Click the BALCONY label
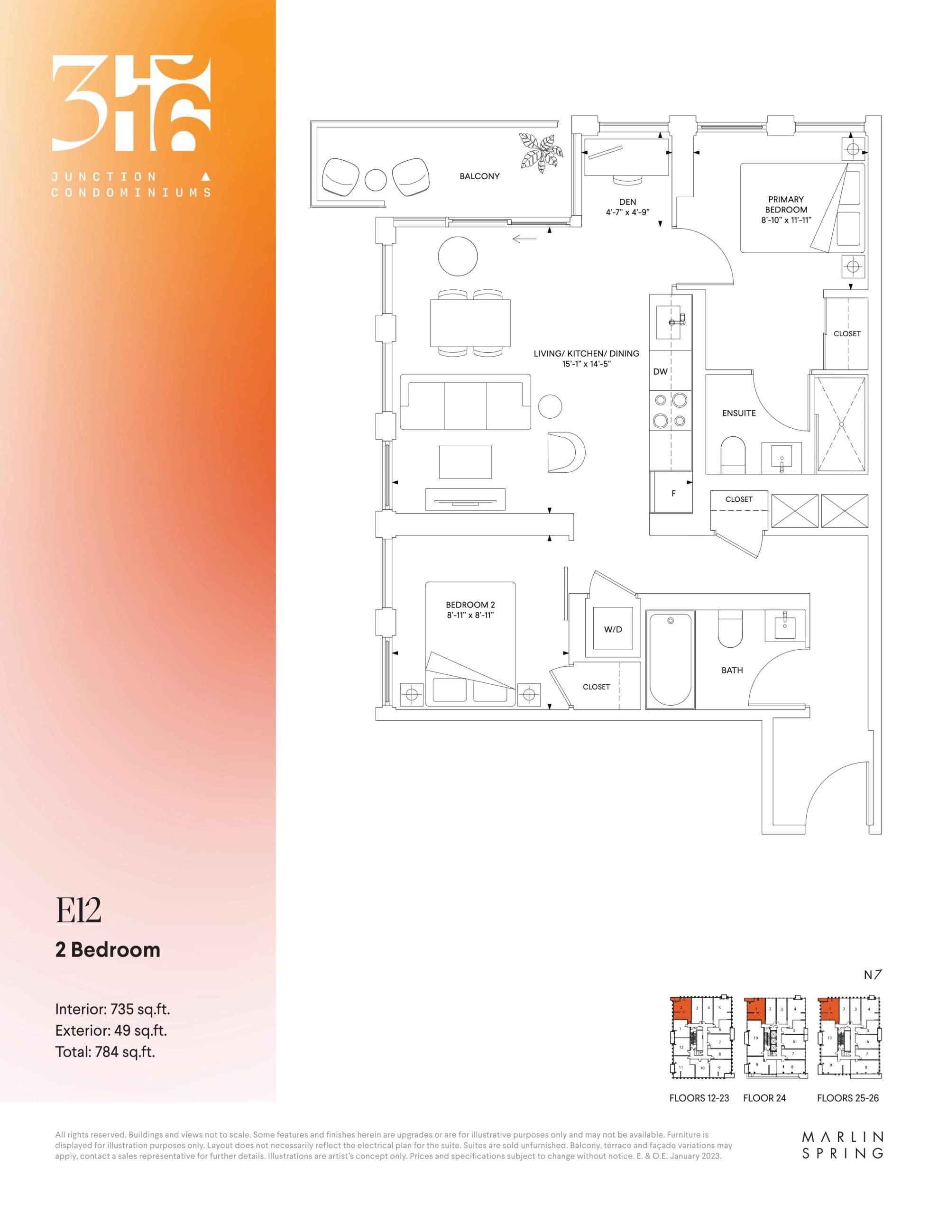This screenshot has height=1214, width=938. pos(479,176)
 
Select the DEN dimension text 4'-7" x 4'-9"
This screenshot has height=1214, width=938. pos(627,212)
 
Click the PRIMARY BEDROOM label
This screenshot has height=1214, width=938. pos(786,204)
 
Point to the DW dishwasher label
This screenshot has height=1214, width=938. pos(660,371)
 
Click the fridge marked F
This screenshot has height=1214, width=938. pos(673,493)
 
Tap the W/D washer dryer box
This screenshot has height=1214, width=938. pos(613,629)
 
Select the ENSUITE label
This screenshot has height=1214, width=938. pos(738,413)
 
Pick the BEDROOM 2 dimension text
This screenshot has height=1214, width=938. pos(470,616)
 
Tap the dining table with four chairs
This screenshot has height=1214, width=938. pos(470,322)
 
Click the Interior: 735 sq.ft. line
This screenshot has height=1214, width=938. pos(112,1009)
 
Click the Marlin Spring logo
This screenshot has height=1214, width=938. pos(842,1146)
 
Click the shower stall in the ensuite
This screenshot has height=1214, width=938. pos(841,425)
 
